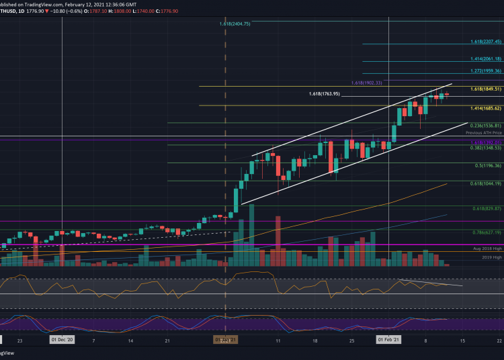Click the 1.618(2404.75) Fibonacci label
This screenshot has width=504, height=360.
tap(235, 24)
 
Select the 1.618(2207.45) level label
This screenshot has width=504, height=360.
tap(485, 42)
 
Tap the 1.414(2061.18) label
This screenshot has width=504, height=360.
tap(485, 59)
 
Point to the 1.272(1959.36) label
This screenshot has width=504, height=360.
tap(485, 71)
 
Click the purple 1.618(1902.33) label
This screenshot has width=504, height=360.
tap(366, 83)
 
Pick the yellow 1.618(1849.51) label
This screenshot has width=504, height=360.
tap(485, 89)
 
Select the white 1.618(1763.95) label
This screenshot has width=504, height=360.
tap(325, 94)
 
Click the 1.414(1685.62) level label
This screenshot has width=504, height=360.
tap(485, 107)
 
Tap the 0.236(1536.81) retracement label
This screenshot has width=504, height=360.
tap(485, 126)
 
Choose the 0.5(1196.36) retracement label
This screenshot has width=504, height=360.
tap(487, 165)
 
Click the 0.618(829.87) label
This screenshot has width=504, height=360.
tap(487, 209)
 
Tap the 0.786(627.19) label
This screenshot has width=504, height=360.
tap(487, 232)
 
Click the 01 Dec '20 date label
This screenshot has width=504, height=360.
tap(62, 340)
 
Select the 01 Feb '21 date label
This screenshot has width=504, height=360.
tap(390, 340)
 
